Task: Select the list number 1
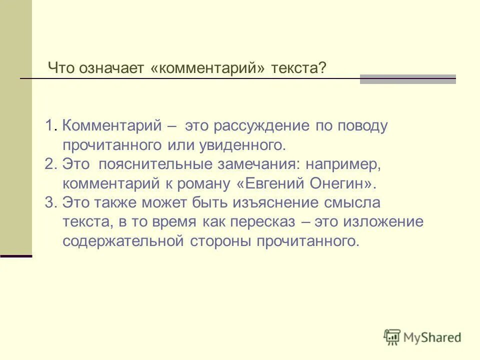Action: coord(49,126)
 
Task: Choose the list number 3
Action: coord(49,203)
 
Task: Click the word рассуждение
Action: coord(259,126)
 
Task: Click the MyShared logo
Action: coord(422,337)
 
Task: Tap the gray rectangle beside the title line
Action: coord(407,79)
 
